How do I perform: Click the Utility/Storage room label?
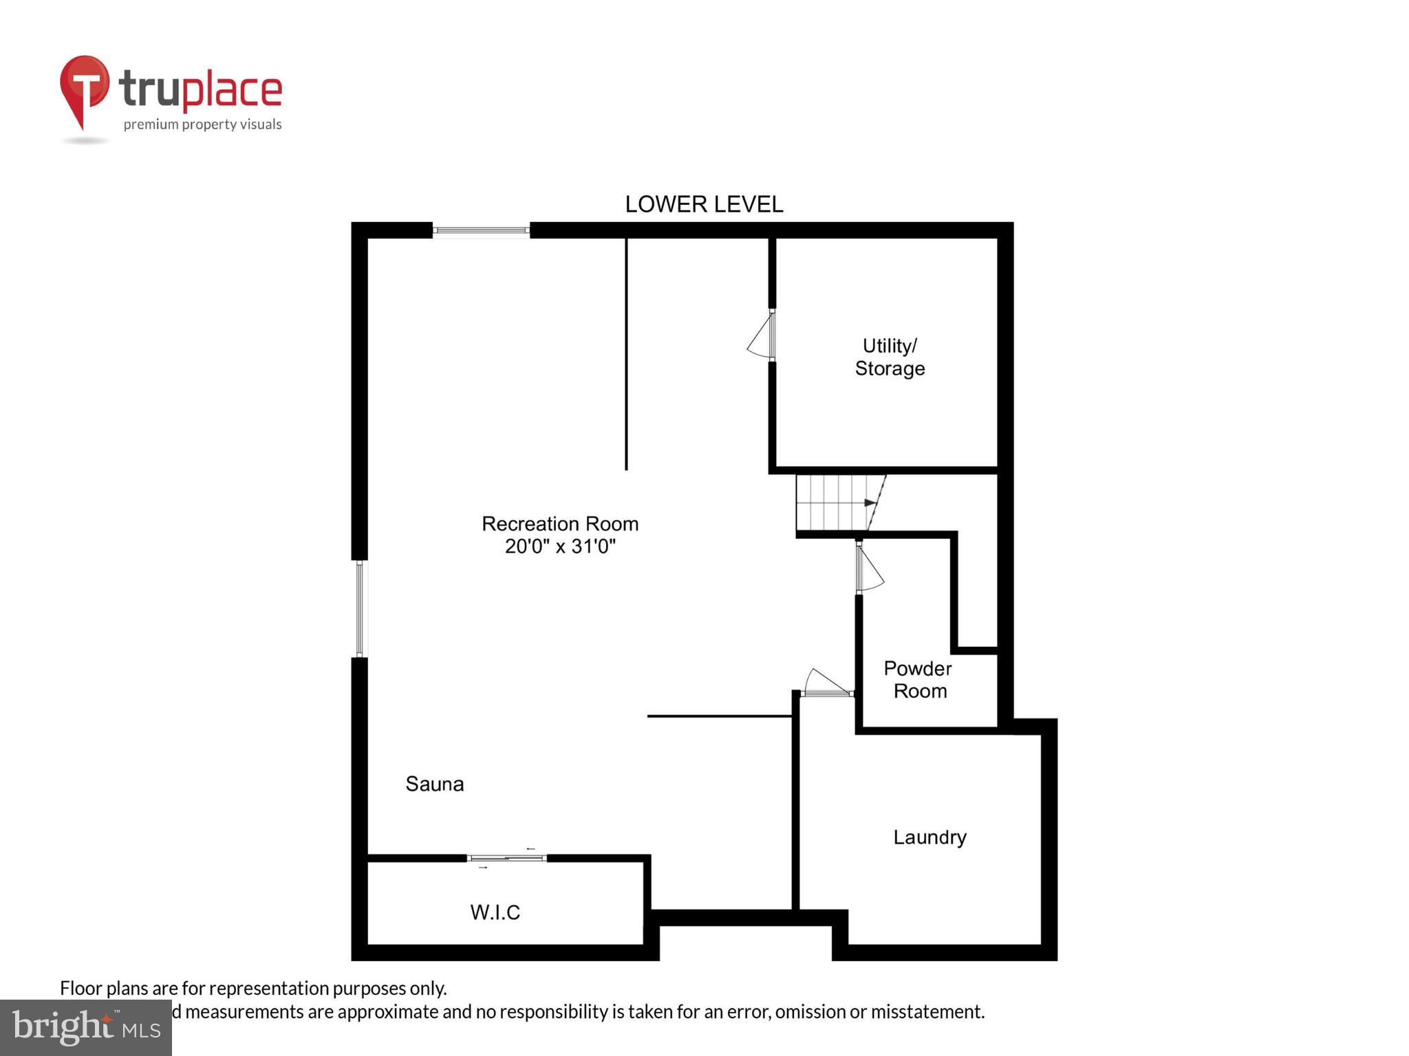890,357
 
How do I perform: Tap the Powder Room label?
918,679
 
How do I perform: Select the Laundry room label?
929,837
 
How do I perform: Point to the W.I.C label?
495,912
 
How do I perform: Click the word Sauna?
434,784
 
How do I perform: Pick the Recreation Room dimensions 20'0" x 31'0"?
560,547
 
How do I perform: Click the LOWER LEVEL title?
704,204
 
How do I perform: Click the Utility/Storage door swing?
761,335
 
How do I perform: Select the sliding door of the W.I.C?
507,858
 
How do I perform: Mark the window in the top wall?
481,230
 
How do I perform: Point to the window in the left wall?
359,608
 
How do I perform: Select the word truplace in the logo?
200,89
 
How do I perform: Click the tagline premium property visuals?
202,124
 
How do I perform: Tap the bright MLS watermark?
85,1027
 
